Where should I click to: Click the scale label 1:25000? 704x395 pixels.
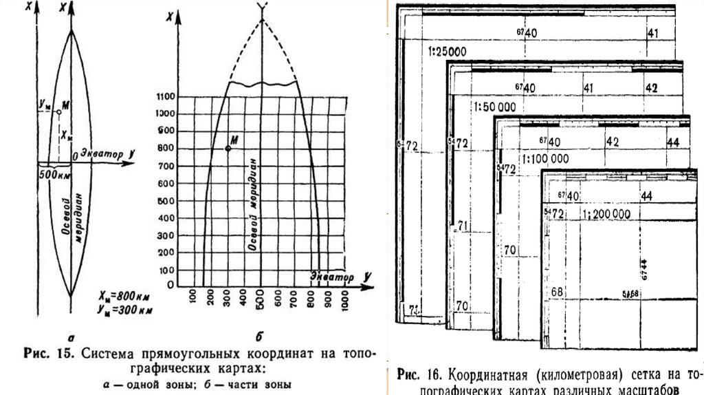[447, 52]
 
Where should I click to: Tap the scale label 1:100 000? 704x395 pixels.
[545, 158]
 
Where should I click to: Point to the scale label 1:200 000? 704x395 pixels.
[606, 214]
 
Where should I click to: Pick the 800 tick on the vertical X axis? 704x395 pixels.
[167, 148]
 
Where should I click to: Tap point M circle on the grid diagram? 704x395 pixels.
[228, 148]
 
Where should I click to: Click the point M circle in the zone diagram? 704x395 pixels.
[57, 110]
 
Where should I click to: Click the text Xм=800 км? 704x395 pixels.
[125, 297]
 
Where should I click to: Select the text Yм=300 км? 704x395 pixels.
[125, 310]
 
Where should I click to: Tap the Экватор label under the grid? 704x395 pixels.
[331, 277]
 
